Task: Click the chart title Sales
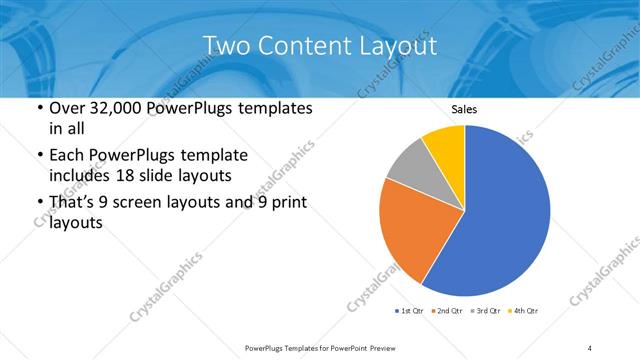(x=463, y=109)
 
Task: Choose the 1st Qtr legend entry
(x=410, y=312)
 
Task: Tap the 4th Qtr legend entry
(x=526, y=312)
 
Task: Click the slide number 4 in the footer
(x=590, y=347)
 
